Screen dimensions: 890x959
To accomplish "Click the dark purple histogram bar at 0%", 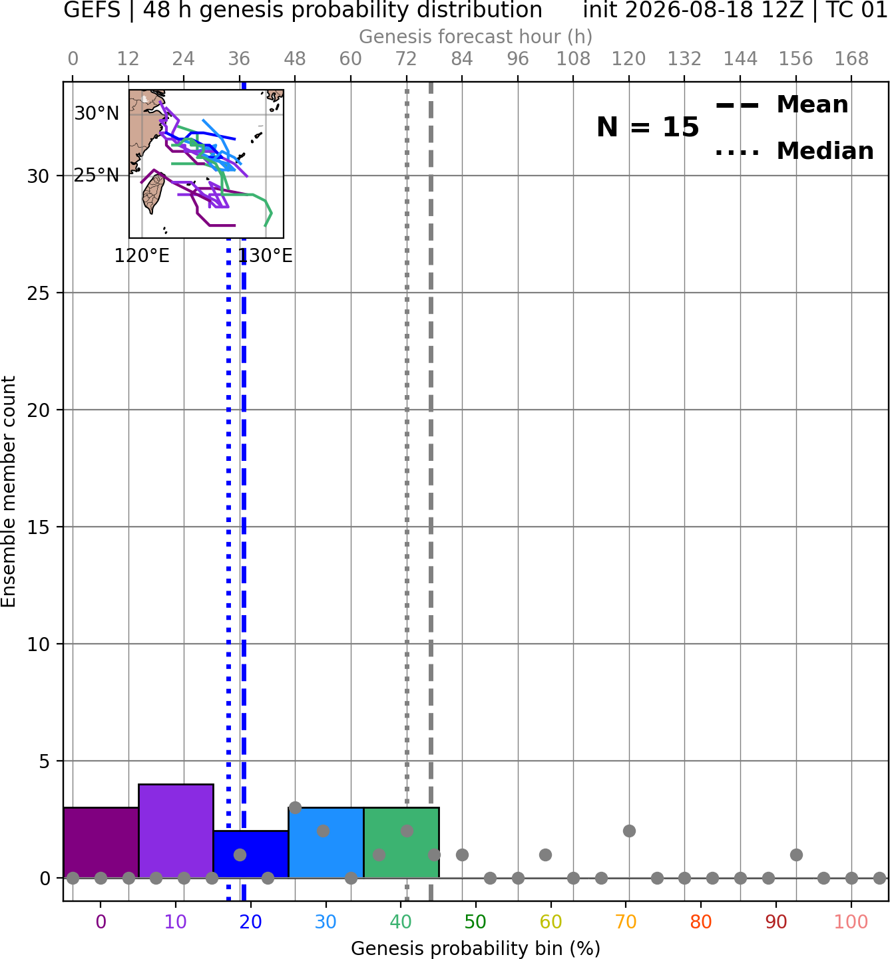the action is (101, 843).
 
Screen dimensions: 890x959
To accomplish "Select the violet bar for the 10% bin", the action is (176, 831).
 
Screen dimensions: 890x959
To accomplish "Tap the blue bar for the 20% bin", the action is (251, 854).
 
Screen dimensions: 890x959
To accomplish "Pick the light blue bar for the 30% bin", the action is (326, 843).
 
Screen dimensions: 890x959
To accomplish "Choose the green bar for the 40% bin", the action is (401, 843).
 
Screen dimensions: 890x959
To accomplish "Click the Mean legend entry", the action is (781, 104).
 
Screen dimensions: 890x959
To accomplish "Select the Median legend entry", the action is (794, 151).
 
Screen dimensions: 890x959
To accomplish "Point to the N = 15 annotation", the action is (648, 127).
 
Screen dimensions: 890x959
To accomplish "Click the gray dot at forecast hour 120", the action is (629, 831).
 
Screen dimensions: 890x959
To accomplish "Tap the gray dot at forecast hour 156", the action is (796, 855).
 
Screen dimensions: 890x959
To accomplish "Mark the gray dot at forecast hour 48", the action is (295, 808).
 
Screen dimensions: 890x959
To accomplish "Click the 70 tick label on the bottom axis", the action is (626, 922).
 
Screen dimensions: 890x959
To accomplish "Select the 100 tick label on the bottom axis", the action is (851, 922).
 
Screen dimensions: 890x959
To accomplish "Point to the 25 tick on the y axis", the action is (38, 293).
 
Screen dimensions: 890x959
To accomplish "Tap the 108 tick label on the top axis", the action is (573, 59).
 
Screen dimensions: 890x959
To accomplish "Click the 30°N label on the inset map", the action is (97, 114).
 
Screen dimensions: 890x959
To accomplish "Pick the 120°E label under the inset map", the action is (142, 255).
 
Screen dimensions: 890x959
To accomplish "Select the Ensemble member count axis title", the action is (8, 491).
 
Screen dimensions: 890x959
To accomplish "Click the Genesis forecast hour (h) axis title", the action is (476, 37).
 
